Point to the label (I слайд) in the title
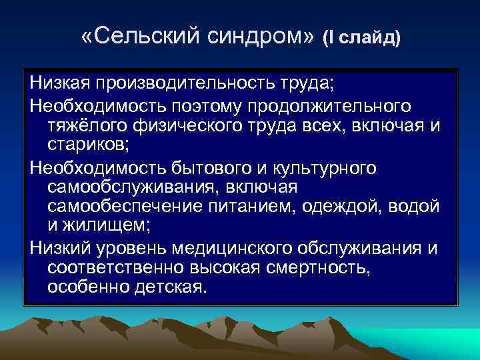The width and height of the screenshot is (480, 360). click(x=362, y=39)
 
